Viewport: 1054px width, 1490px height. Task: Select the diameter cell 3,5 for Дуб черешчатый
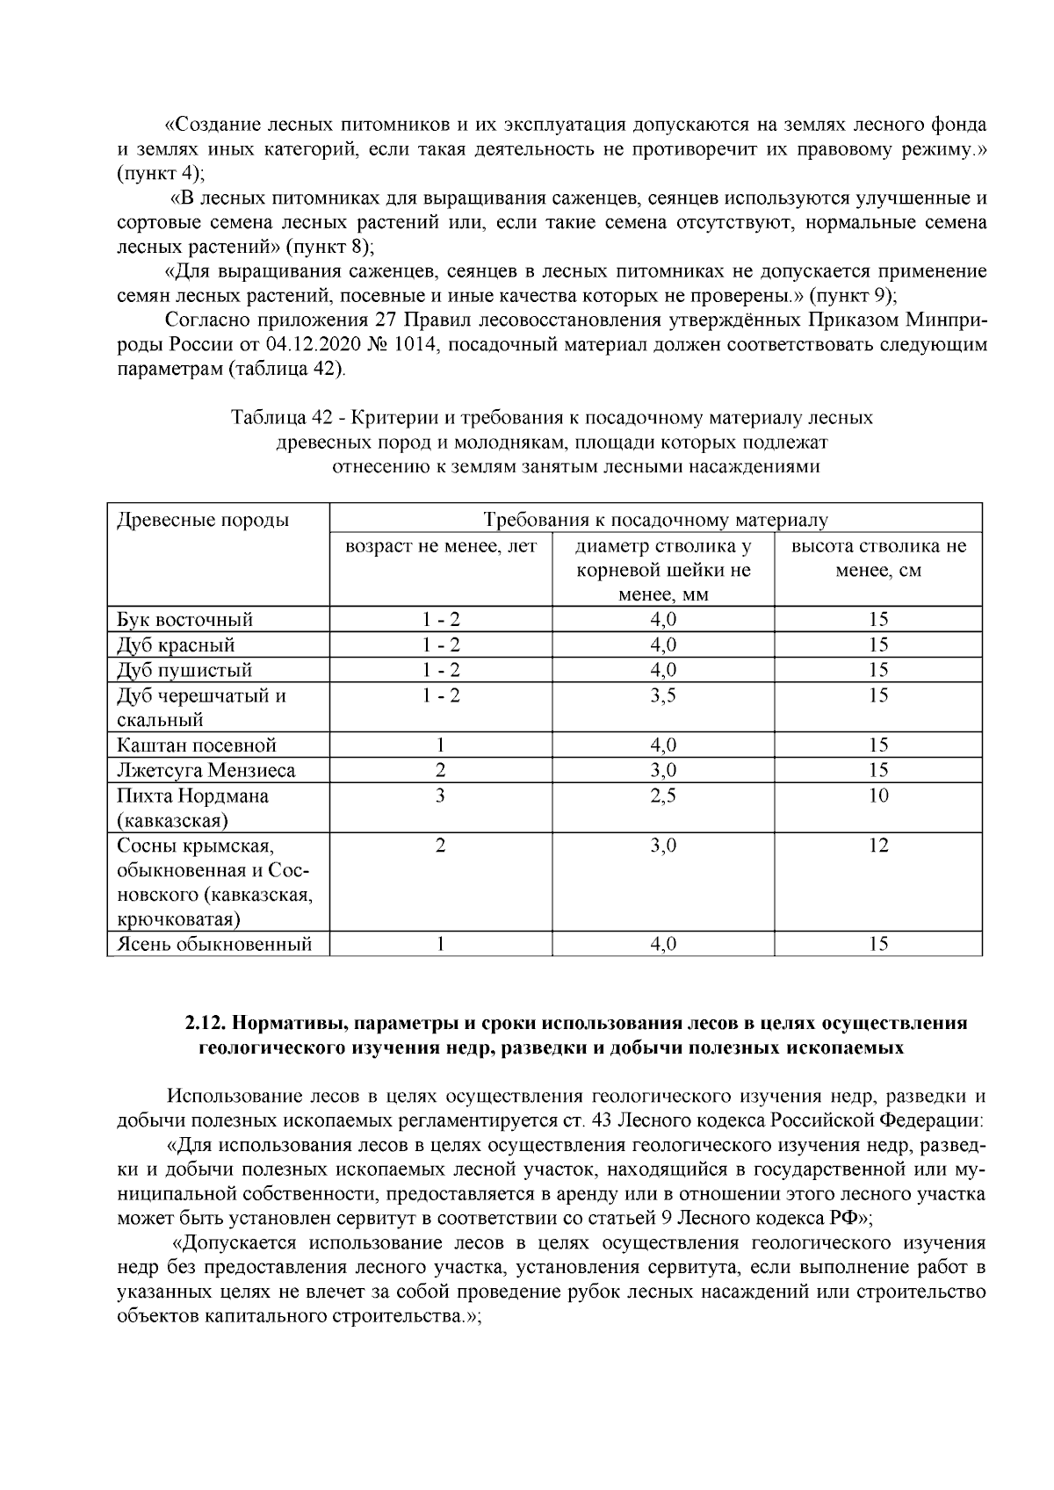[x=663, y=695]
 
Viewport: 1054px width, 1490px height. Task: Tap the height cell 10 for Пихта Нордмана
[x=878, y=795]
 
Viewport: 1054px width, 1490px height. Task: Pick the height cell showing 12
[x=878, y=846]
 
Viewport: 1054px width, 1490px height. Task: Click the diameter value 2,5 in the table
[x=663, y=795]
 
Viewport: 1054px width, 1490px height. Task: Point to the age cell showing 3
[x=440, y=795]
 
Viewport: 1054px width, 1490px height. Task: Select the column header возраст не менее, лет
[x=440, y=546]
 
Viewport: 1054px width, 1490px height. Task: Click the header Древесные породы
[x=203, y=520]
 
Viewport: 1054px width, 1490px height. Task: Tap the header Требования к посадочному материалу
[x=655, y=520]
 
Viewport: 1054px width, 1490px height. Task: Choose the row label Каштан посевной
[x=197, y=745]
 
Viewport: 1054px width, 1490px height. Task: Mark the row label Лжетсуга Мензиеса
[x=206, y=771]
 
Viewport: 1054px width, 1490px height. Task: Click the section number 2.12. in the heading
[x=206, y=1024]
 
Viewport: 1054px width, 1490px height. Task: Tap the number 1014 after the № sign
[x=414, y=345]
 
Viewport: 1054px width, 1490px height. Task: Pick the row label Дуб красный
[x=176, y=645]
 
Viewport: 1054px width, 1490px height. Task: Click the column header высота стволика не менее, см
[x=878, y=558]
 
